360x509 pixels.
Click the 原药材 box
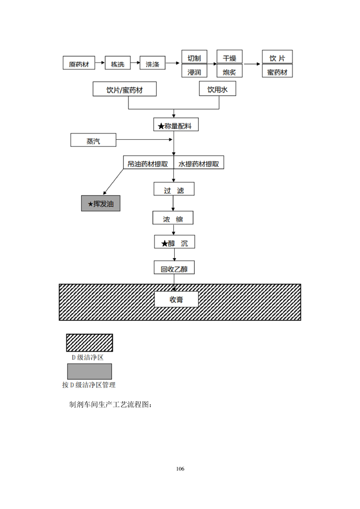tap(79, 64)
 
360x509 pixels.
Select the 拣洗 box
tap(118, 64)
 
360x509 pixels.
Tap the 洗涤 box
tap(152, 64)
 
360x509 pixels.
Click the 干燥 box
tap(229, 57)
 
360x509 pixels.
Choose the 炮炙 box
tap(229, 71)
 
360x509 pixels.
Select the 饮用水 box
tap(218, 89)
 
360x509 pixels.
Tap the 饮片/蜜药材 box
tap(124, 89)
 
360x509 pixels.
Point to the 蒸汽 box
tap(93, 141)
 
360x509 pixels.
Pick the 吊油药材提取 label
tap(148, 164)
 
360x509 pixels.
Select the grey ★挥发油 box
tap(101, 204)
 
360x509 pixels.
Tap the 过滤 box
tap(174, 190)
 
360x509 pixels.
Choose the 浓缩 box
tap(173, 219)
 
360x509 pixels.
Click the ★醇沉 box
tap(174, 243)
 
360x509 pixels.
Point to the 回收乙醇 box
tap(174, 269)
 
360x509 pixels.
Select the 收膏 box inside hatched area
tap(177, 299)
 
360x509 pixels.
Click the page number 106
tap(180, 468)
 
